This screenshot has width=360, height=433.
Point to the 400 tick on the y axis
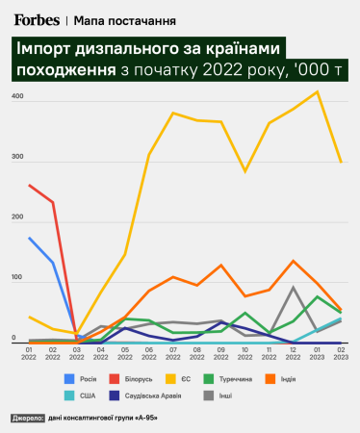coord(17,98)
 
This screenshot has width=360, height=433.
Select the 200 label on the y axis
coord(17,218)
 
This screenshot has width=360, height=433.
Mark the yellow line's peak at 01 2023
coord(317,92)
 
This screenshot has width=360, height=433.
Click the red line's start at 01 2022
coord(30,185)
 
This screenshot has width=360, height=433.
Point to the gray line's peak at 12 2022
coord(293,287)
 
